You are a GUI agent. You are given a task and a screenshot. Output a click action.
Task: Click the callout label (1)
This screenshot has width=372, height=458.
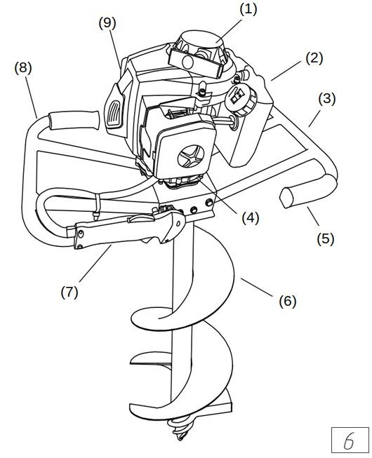(x=248, y=10)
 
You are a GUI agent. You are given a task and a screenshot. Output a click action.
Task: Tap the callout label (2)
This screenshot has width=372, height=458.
(x=314, y=58)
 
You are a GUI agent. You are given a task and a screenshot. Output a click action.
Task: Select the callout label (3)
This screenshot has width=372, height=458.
(x=326, y=99)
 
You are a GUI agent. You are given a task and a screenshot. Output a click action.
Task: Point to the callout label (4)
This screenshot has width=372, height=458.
(x=251, y=218)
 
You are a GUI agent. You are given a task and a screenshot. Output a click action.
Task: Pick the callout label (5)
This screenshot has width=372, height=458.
(x=325, y=238)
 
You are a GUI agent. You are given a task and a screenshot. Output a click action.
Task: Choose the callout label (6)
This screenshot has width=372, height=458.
(x=288, y=301)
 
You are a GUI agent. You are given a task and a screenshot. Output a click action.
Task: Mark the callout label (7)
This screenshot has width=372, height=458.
(x=69, y=292)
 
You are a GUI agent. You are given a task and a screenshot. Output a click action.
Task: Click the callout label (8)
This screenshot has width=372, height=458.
(x=23, y=68)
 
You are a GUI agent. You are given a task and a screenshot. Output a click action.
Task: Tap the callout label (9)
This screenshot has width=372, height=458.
(x=107, y=23)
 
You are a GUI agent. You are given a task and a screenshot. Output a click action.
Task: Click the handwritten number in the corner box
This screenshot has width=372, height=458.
(x=349, y=440)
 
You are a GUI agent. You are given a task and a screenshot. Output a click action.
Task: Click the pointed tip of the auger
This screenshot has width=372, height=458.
(x=180, y=439)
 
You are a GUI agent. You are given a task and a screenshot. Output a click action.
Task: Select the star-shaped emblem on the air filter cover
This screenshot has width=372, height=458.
(x=191, y=156)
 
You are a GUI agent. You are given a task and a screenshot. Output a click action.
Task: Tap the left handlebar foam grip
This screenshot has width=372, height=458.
(x=74, y=121)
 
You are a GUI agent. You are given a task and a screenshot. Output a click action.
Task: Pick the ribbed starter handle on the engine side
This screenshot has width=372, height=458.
(x=116, y=114)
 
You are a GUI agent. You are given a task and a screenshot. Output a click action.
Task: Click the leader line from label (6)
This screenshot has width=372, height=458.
(x=258, y=288)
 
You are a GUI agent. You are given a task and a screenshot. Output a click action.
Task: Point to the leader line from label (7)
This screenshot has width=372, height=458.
(x=95, y=263)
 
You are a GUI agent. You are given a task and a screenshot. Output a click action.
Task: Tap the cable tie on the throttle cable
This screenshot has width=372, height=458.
(x=96, y=206)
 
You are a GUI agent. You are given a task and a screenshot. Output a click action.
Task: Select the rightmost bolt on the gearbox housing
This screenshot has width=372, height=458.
(x=209, y=201)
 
